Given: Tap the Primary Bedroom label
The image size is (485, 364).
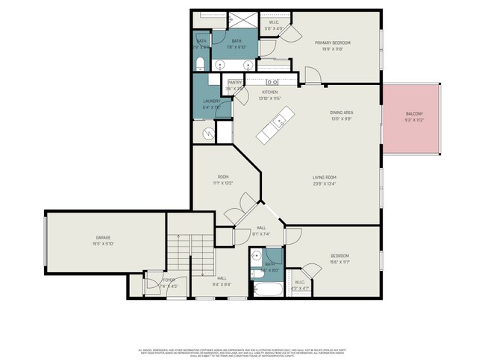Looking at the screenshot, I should point(333,43).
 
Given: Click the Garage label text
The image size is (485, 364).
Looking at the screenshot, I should point(103,238).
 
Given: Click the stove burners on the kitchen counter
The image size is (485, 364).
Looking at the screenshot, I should point(272,81).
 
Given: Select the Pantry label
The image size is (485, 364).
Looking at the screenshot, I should point(234,82).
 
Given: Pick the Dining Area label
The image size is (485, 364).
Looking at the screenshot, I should point(341,113).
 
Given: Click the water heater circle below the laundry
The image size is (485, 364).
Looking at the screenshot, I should point(208,134).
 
